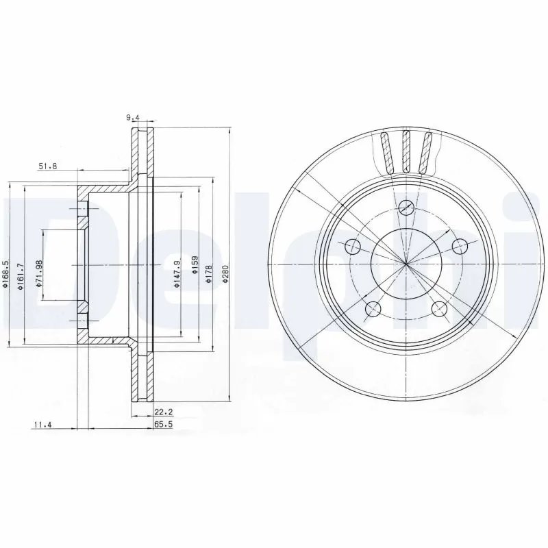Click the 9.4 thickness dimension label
133,117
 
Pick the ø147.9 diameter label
177,273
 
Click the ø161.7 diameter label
21,275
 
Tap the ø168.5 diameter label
6,275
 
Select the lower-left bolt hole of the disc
372,308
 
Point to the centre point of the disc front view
406,264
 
